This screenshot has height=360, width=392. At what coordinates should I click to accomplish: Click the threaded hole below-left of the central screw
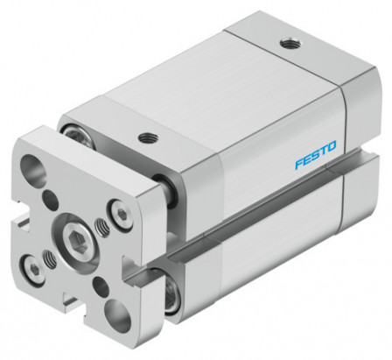tap(49, 260)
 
